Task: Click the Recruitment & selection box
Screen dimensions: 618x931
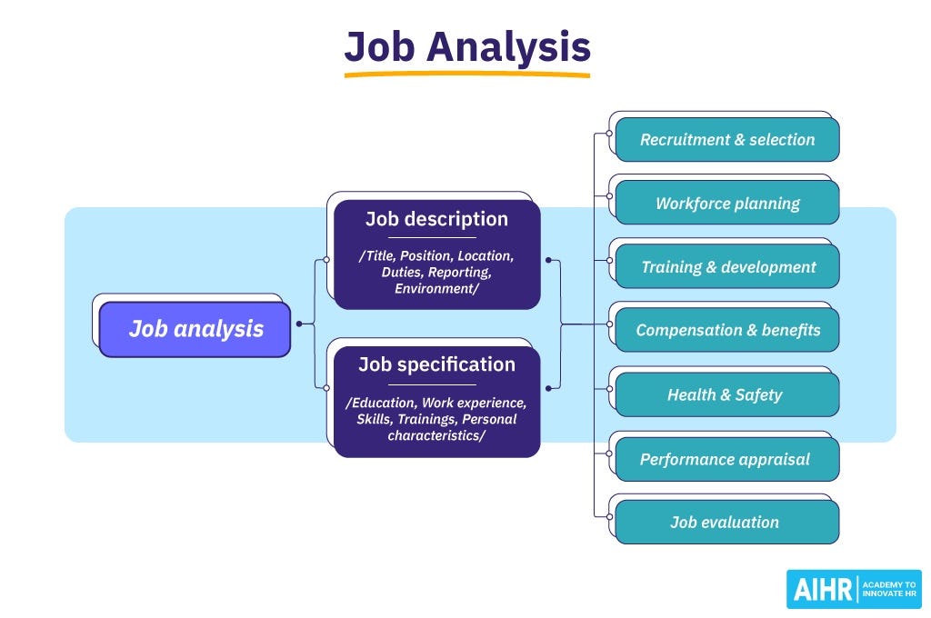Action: pos(727,140)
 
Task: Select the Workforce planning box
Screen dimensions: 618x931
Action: pos(727,204)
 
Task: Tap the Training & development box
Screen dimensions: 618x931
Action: pos(727,267)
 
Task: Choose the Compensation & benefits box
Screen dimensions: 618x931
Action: pos(727,331)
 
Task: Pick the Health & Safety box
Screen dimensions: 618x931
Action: pos(727,394)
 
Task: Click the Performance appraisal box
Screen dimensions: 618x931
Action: pos(727,459)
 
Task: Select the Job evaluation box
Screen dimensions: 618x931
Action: pos(727,523)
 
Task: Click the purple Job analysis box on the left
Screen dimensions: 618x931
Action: pos(195,329)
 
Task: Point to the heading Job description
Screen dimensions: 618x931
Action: pos(436,219)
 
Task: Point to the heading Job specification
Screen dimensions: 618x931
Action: pos(436,364)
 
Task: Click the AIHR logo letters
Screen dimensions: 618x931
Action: pos(822,590)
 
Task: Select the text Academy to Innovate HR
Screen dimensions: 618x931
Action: pos(888,590)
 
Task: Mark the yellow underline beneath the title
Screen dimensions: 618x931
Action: pos(466,75)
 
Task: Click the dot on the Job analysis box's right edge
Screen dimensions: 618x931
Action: pos(298,324)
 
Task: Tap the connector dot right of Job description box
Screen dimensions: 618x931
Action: pos(548,260)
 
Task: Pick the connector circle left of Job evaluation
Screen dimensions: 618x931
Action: pos(608,515)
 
